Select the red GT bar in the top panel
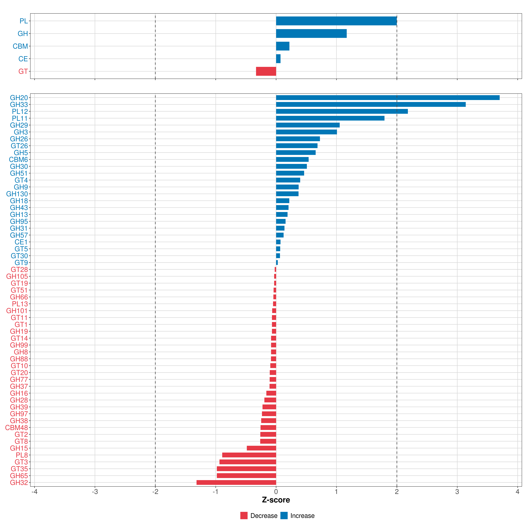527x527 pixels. pos(266,71)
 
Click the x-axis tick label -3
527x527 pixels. pos(95,492)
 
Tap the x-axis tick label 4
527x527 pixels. pos(517,492)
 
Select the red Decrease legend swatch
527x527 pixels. pos(244,516)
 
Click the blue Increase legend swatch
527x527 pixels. pos(284,516)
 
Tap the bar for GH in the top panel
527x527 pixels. pos(311,34)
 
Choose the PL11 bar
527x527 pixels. pos(330,118)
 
